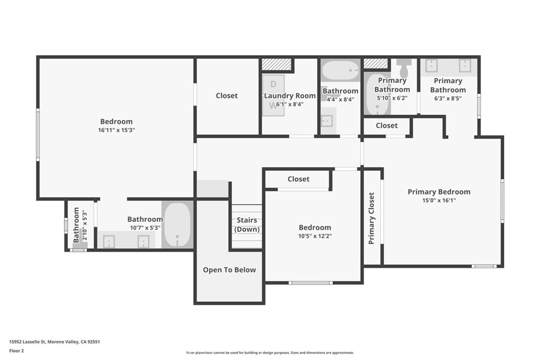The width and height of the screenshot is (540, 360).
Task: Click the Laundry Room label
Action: (290, 96)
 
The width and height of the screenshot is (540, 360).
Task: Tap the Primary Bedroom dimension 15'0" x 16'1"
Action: (439, 200)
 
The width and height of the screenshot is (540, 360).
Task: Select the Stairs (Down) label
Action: (247, 225)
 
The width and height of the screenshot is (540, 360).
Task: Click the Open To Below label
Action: (229, 270)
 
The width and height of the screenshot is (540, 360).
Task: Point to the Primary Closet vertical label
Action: (371, 218)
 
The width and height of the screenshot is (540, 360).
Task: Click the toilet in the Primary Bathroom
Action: (403, 68)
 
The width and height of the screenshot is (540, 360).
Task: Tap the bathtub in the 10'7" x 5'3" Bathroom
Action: (177, 224)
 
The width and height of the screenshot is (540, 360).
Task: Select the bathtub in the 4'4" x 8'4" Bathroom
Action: (341, 71)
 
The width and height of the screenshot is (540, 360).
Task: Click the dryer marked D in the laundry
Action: (274, 84)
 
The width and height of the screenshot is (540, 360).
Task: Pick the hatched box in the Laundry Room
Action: (276, 64)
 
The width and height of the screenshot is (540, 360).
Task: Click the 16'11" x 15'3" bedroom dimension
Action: (117, 130)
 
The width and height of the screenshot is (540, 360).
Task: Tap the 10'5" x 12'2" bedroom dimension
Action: (315, 236)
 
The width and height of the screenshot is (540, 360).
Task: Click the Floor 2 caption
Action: (16, 351)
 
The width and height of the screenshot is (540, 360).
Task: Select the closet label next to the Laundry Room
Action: (227, 96)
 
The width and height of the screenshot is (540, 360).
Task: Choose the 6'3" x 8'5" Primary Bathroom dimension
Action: (448, 99)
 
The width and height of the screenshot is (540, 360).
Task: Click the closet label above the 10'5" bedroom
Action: (298, 179)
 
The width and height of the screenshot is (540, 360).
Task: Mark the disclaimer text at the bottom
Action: (270, 353)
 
